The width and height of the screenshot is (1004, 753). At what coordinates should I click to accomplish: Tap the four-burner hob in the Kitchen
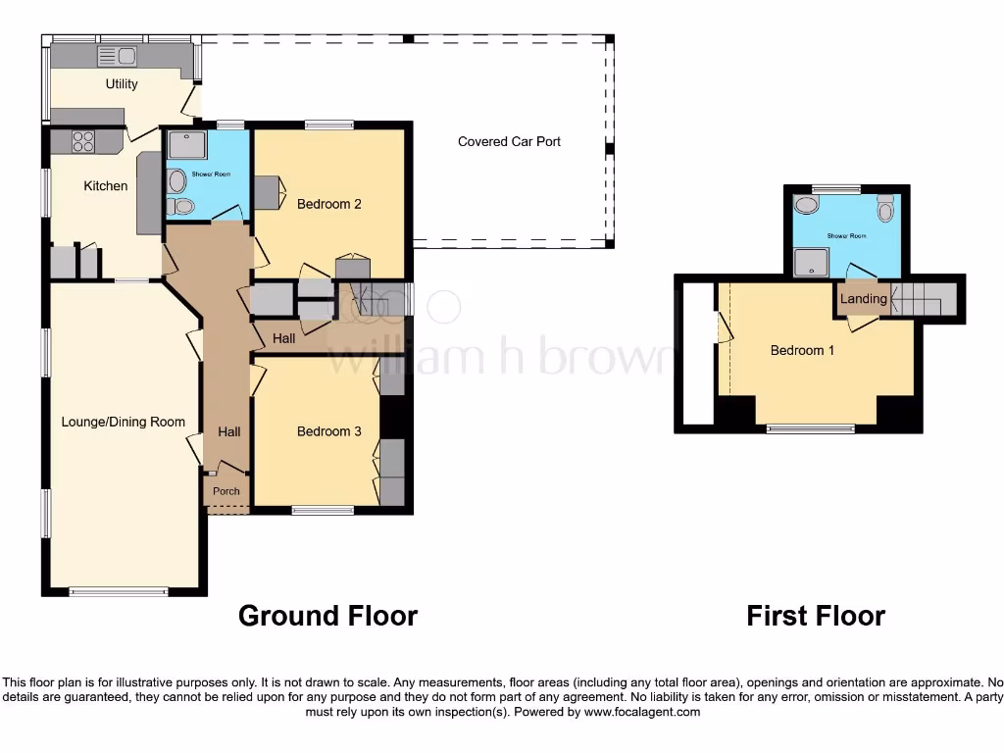click(82, 142)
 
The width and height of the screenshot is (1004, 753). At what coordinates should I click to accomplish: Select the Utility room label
click(122, 84)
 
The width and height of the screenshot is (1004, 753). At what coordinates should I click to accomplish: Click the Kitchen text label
click(105, 185)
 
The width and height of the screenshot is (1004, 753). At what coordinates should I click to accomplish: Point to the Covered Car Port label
click(509, 141)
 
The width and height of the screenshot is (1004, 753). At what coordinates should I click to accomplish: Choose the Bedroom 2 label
click(329, 204)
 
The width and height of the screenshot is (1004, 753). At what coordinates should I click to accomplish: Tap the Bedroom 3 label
click(329, 431)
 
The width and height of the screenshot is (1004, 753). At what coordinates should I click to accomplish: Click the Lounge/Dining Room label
click(124, 422)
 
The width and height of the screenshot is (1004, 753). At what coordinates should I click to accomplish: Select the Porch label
click(226, 491)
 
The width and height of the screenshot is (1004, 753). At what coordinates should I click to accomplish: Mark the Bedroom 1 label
click(802, 350)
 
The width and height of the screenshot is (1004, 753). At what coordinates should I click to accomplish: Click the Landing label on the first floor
click(863, 299)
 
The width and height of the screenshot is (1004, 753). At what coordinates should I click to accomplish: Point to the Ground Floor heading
click(327, 616)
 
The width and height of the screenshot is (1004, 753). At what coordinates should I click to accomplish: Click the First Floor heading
click(815, 616)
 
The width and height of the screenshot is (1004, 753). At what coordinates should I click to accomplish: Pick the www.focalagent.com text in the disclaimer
click(642, 712)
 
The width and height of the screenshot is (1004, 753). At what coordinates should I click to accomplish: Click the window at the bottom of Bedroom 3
click(323, 510)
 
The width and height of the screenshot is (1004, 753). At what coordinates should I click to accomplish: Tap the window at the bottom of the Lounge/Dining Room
click(120, 591)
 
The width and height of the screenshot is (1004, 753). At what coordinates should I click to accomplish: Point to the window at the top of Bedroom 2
click(328, 125)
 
